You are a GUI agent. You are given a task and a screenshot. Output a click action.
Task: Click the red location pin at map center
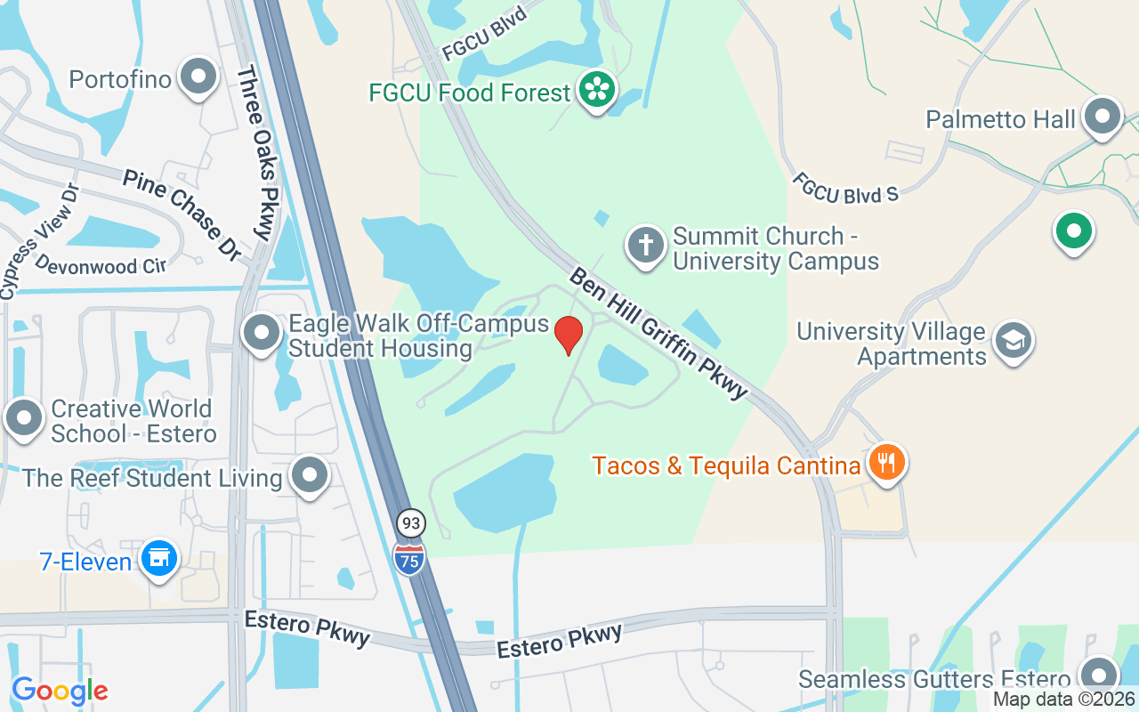pyautogui.click(x=569, y=335)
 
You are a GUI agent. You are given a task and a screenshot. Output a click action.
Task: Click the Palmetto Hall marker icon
pyautogui.click(x=1104, y=117)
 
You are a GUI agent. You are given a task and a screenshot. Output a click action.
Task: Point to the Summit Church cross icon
pyautogui.click(x=646, y=244)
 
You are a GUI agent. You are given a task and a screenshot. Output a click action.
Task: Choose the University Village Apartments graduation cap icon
pyautogui.click(x=1013, y=340)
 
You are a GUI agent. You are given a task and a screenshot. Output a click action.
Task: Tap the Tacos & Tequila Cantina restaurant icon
pyautogui.click(x=885, y=463)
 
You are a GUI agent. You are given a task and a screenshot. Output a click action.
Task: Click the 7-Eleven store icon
pyautogui.click(x=159, y=559)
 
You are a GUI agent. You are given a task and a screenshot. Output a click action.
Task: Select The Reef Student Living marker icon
pyautogui.click(x=310, y=475)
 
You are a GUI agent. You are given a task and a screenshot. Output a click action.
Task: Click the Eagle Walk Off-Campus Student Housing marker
pyautogui.click(x=262, y=334)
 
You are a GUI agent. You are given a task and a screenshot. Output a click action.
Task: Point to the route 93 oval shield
pyautogui.click(x=410, y=522)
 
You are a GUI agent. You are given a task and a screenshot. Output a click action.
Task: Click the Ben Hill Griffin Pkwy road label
pyautogui.click(x=659, y=334)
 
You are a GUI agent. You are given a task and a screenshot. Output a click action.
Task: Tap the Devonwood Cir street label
pyautogui.click(x=100, y=266)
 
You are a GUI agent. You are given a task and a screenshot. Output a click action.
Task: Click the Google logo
pyautogui.click(x=60, y=691)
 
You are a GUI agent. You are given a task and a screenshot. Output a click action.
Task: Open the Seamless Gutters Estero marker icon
pyautogui.click(x=1099, y=676)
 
